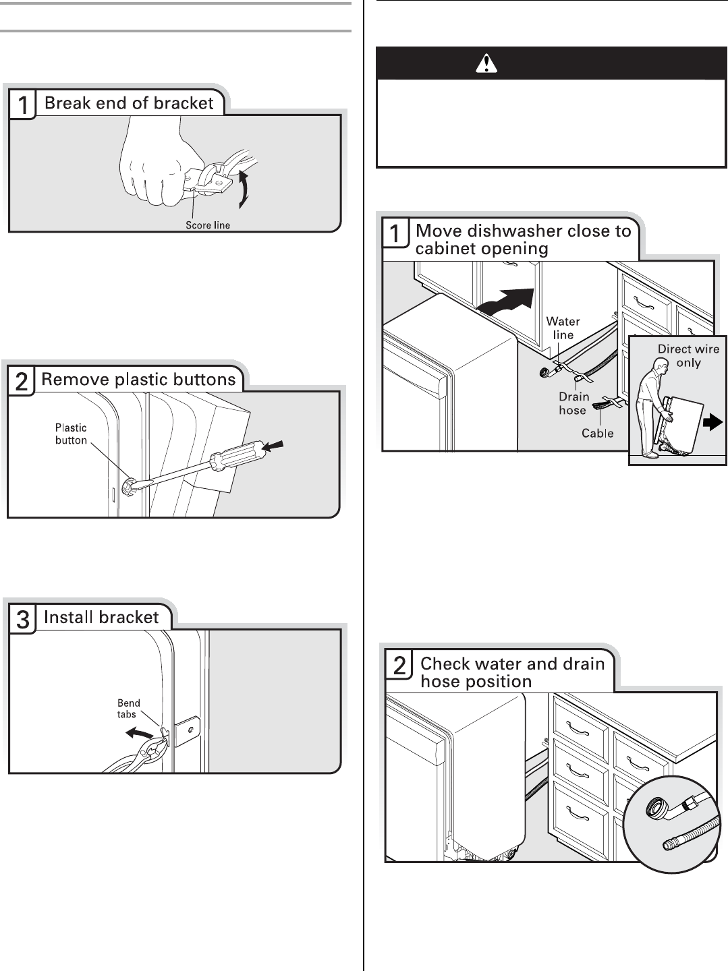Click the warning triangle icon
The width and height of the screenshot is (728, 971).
(x=486, y=63)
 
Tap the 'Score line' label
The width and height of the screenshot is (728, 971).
(x=208, y=225)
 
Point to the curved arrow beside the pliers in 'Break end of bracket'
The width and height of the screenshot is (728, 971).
(x=244, y=188)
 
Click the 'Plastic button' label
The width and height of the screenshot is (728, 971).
(x=71, y=434)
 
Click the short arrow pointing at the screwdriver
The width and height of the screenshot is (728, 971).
(x=273, y=446)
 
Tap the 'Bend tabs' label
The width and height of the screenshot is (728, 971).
(x=128, y=708)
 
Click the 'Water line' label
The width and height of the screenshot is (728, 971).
(x=563, y=328)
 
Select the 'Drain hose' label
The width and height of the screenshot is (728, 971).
(x=573, y=403)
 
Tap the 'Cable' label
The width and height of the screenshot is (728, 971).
(x=598, y=433)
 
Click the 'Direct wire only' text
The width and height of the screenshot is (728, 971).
(x=688, y=355)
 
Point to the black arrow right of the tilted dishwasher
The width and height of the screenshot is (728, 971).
(x=712, y=422)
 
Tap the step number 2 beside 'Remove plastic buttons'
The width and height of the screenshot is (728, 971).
(x=21, y=382)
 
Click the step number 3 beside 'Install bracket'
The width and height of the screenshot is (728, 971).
(x=22, y=620)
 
